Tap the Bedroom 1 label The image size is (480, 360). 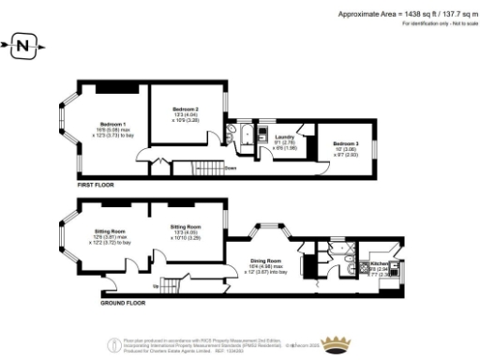pos(112,125)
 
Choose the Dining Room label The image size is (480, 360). pos(267,261)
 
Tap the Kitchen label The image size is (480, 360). pos(380,265)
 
